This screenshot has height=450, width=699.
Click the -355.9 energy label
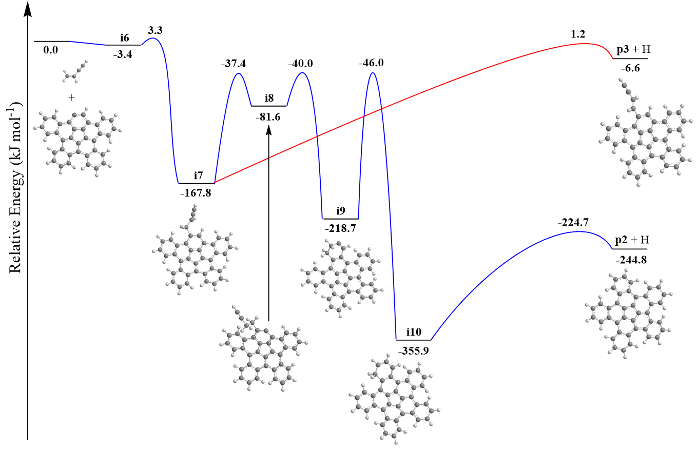click(413, 351)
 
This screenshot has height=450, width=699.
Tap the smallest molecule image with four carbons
click(75, 71)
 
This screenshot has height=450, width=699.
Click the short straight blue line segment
click(88, 43)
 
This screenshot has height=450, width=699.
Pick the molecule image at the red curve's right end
click(645, 132)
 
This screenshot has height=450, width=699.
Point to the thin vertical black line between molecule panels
click(268, 310)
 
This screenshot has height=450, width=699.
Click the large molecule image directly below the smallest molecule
click(77, 142)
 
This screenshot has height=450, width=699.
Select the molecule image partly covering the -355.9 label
click(394, 398)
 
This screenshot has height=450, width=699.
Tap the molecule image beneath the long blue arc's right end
click(628, 313)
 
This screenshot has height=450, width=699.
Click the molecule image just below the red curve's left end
click(195, 249)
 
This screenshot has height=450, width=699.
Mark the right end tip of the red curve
click(613, 58)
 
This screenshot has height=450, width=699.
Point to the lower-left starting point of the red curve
click(215, 182)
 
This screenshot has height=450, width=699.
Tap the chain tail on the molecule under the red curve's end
click(624, 85)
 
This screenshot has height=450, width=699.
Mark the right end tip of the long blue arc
click(612, 249)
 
